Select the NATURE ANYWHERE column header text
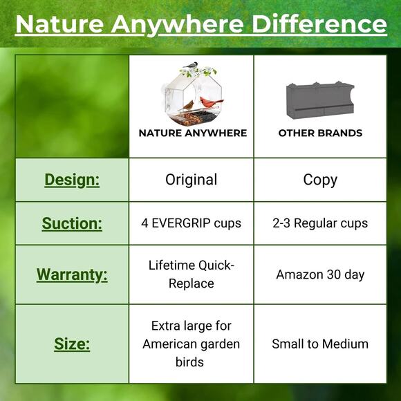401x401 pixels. click(x=192, y=133)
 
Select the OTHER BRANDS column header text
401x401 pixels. click(x=320, y=133)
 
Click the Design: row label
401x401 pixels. click(x=72, y=180)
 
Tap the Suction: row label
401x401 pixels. click(x=72, y=223)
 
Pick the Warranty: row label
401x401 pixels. click(x=72, y=274)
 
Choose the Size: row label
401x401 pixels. click(x=72, y=344)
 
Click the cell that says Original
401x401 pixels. click(x=192, y=180)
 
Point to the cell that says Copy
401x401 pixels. click(x=320, y=180)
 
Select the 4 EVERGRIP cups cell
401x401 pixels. click(x=192, y=223)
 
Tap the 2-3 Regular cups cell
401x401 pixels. click(x=320, y=223)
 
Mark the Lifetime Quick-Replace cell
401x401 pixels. click(x=192, y=274)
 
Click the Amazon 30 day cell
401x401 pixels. click(x=320, y=274)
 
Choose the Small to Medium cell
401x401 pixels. click(x=320, y=344)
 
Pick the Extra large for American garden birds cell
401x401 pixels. click(x=192, y=344)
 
